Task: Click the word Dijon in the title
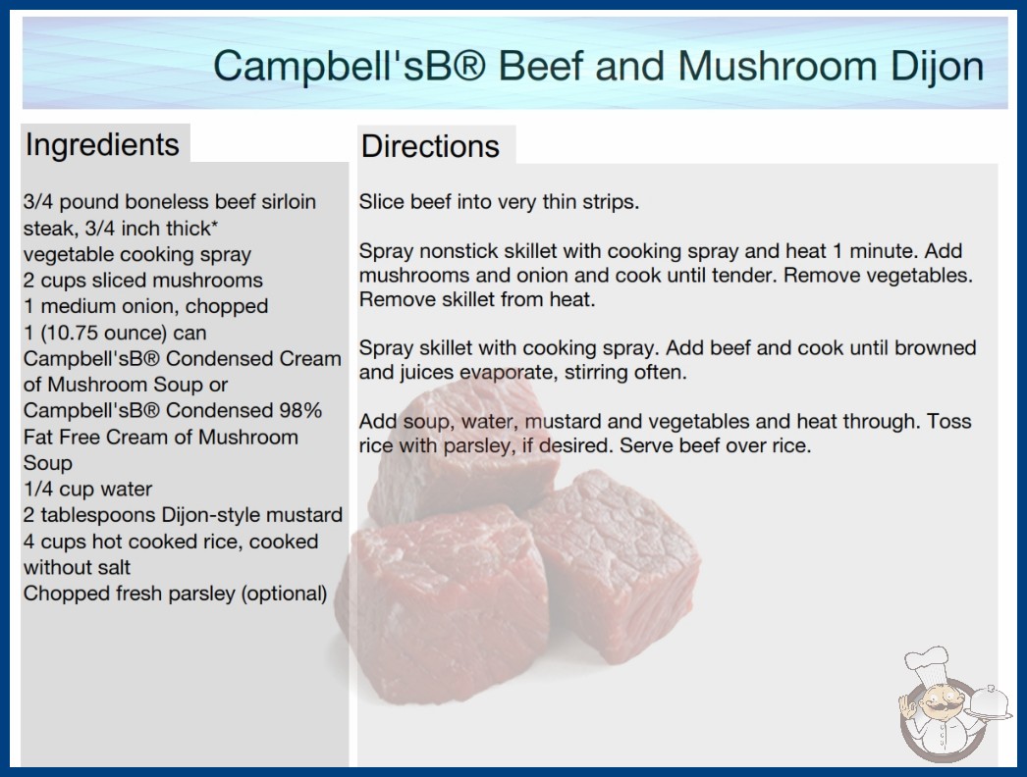point(938,67)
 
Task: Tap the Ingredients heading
point(102,144)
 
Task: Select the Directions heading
point(430,146)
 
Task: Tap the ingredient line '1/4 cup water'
point(87,489)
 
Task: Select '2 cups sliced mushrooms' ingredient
point(142,281)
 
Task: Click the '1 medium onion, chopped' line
point(145,306)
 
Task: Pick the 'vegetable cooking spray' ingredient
point(137,255)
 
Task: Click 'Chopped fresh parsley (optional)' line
point(176,594)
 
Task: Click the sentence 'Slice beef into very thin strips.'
point(499,202)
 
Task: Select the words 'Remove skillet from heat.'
point(477,300)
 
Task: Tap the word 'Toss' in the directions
point(948,421)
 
